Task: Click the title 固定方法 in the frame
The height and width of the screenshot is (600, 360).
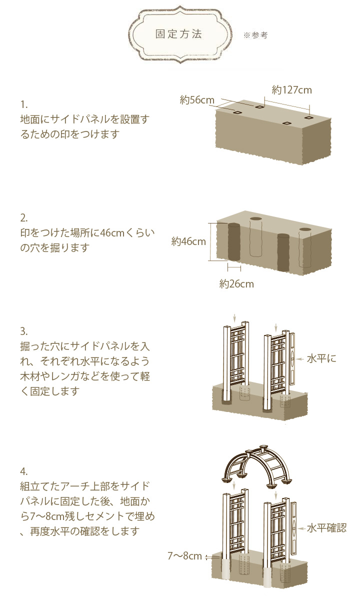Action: point(178,34)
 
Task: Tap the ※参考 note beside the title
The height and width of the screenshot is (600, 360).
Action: point(255,35)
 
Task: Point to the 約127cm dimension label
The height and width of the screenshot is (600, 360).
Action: point(291,90)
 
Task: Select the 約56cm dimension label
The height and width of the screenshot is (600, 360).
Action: point(197,100)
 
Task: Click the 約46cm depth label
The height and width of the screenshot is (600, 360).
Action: point(188,241)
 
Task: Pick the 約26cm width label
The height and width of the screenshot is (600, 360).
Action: point(236,284)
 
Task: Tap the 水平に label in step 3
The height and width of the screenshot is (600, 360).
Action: point(321,358)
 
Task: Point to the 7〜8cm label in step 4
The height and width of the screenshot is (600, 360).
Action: point(185,556)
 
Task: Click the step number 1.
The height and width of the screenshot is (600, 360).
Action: point(24,104)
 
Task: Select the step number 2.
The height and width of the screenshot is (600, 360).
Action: point(24,218)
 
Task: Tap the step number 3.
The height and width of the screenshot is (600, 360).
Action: point(24,331)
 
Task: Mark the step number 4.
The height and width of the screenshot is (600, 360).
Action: point(24,471)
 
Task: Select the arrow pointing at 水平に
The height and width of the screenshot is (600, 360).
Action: point(300,359)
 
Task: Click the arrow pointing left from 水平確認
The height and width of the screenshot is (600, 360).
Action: point(301,528)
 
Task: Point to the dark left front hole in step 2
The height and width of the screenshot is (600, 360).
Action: point(234,241)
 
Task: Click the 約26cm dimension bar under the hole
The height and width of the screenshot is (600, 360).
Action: point(234,267)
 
